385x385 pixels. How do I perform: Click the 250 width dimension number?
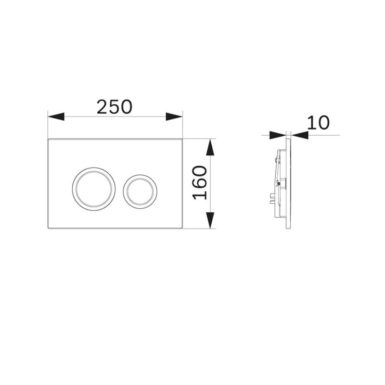tap(115, 107)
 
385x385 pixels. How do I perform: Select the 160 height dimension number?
tap(199, 182)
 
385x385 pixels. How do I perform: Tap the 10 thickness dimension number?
tap(318, 123)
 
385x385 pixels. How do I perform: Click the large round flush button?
tap(94, 189)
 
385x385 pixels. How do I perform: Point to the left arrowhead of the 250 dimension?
tap(56, 116)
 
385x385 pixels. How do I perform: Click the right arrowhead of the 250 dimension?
tap(174, 116)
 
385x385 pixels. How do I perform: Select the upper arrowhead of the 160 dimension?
tap(210, 147)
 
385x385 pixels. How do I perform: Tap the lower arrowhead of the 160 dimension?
tap(210, 220)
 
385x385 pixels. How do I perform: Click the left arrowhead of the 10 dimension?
tap(278, 135)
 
